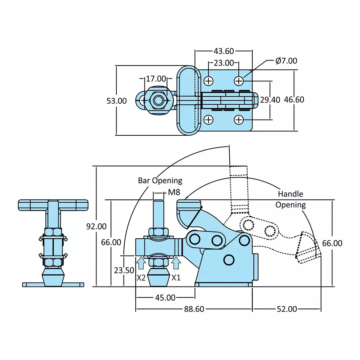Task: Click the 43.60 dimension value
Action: tap(224, 51)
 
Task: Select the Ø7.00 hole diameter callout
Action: tap(286, 61)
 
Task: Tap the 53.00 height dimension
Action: tap(117, 101)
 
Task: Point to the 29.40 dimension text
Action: tap(270, 100)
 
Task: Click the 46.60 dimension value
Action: tap(294, 100)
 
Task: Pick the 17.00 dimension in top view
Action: tap(156, 78)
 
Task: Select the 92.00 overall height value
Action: tap(96, 226)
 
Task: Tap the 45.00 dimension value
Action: tap(165, 298)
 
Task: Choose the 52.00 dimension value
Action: tap(287, 309)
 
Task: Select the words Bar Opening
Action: tap(160, 180)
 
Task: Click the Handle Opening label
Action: tap(291, 199)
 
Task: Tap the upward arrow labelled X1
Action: tap(176, 263)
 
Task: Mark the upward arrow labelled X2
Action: tap(141, 263)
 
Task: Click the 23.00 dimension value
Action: tap(224, 63)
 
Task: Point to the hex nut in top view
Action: tap(158, 100)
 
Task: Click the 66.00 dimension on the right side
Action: tap(332, 243)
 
